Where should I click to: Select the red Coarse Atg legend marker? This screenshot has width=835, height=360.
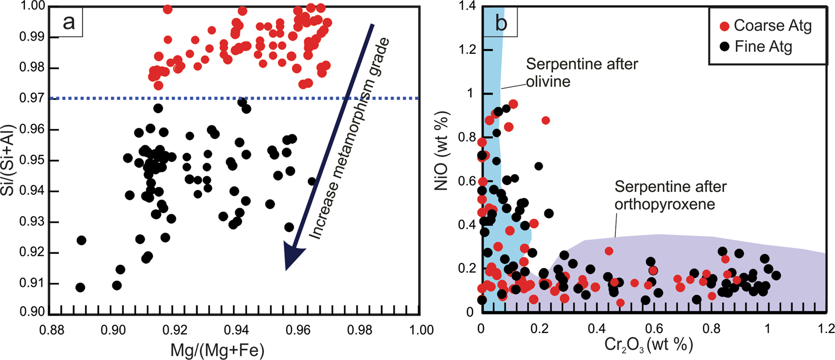click(x=725, y=25)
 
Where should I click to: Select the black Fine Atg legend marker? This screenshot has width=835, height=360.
click(x=725, y=47)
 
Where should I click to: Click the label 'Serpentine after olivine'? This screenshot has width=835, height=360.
click(x=581, y=72)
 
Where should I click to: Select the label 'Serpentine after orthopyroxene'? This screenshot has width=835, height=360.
click(x=670, y=195)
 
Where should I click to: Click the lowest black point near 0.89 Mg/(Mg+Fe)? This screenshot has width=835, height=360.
click(x=80, y=287)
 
